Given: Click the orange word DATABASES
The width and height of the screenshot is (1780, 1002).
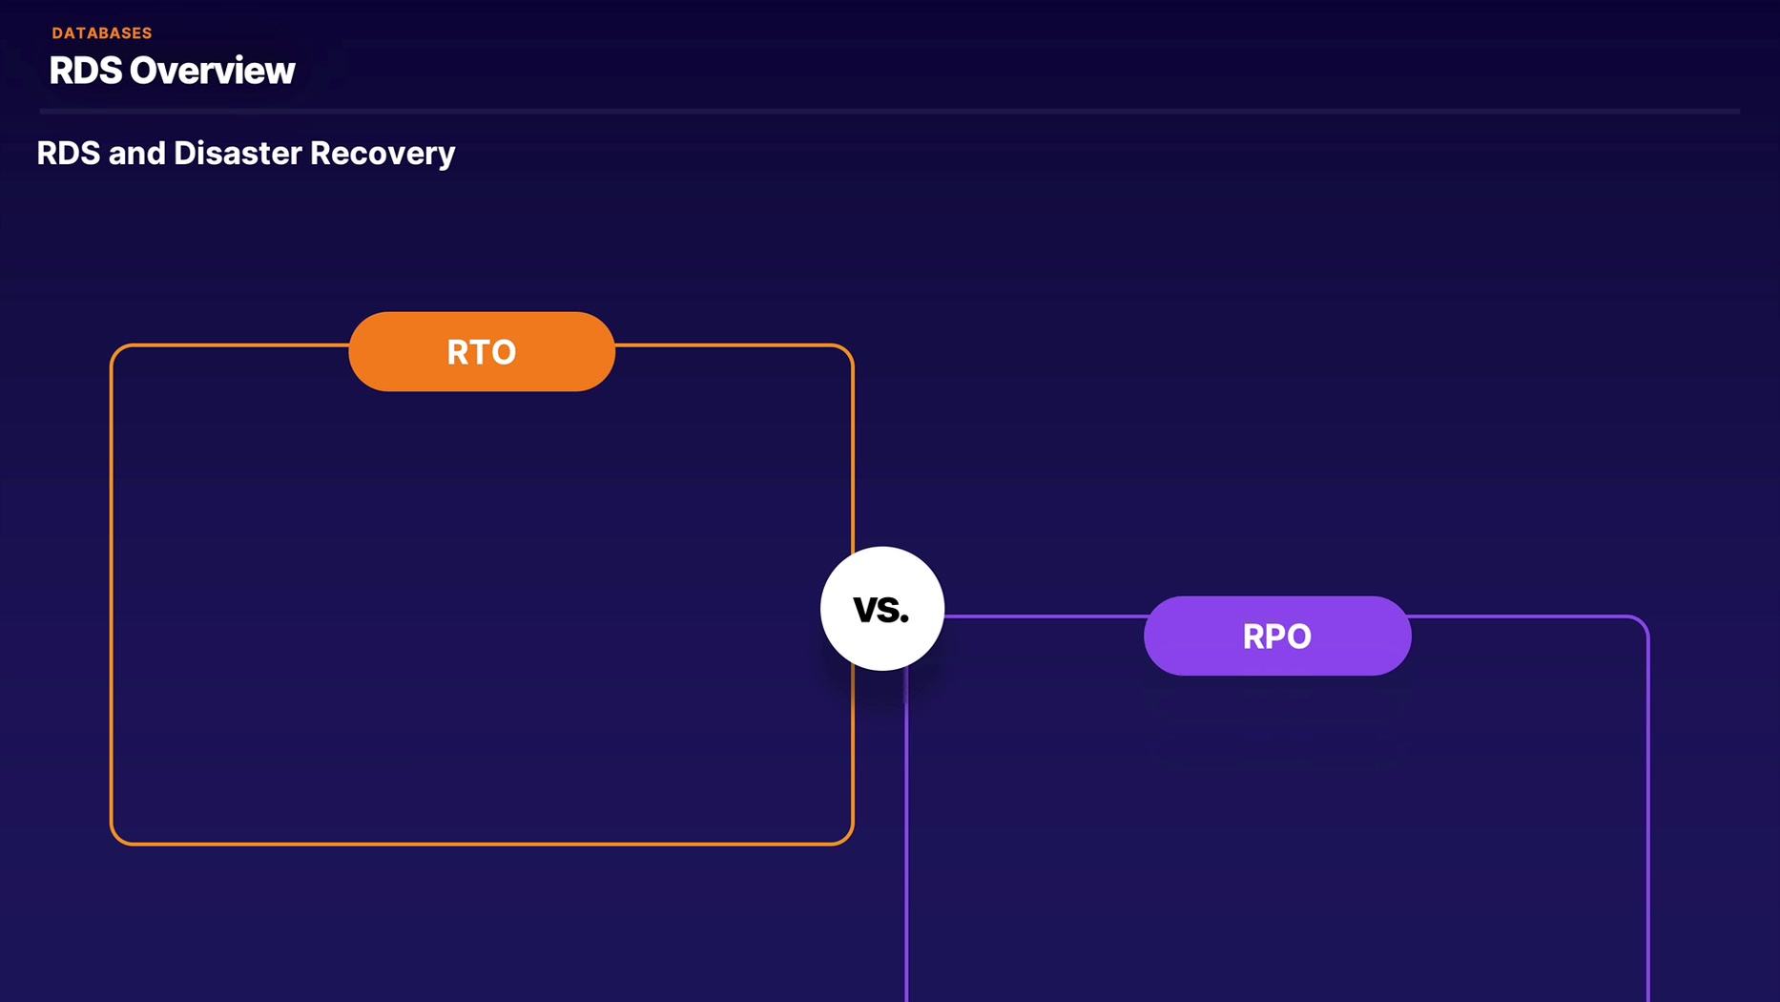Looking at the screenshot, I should click(102, 33).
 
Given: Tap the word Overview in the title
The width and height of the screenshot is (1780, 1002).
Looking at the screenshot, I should click(213, 71).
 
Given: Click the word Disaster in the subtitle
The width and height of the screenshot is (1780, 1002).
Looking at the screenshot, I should click(238, 154).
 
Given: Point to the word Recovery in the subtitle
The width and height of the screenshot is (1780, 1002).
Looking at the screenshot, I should click(383, 154).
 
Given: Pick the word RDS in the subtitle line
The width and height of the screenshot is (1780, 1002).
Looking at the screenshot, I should click(68, 154).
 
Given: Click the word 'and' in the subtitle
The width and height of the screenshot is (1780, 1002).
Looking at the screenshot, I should click(136, 154).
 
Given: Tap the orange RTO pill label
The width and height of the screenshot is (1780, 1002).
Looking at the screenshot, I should click(482, 351).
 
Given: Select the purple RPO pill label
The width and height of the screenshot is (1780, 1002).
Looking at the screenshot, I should click(1277, 636).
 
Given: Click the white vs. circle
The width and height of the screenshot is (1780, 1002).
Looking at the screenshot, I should click(882, 608).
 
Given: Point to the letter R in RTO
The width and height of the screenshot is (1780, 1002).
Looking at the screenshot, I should click(458, 352).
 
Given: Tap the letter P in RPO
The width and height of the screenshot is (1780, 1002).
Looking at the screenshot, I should click(1276, 637).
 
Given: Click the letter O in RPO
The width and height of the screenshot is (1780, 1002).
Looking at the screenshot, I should click(1300, 637).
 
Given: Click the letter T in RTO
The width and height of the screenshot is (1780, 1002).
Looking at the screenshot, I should click(481, 352).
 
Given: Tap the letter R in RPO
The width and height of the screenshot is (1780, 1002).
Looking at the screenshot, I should click(1253, 637).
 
